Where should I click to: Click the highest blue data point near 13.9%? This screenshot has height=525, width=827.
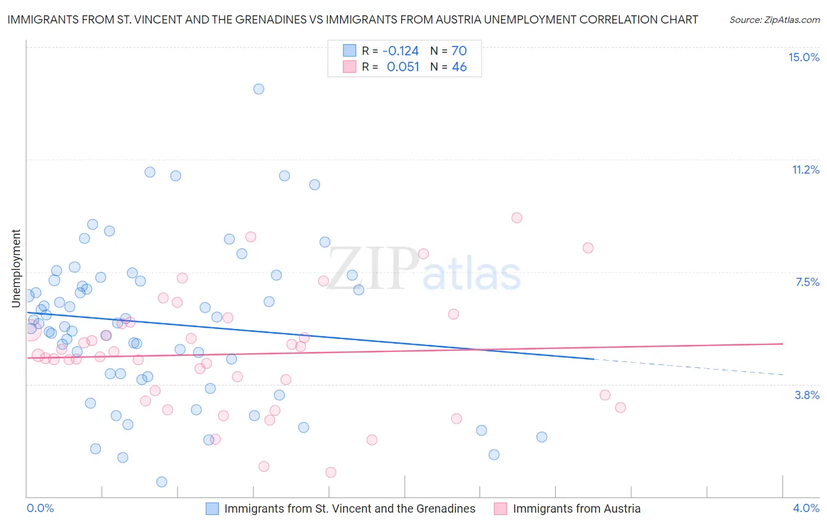coord(259,89)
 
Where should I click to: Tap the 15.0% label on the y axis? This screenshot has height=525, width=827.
coord(803,57)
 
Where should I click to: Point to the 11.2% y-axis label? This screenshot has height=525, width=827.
coord(805,170)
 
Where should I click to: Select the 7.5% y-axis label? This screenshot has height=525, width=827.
coord(807,282)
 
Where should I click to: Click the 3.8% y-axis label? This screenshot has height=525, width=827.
coord(807,395)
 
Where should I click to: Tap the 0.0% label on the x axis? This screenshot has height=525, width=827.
coord(40,508)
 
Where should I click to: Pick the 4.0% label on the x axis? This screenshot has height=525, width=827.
coord(806,508)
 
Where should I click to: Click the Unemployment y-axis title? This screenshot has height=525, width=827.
coord(16,268)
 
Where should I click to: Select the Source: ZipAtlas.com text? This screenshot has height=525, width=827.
coord(775,20)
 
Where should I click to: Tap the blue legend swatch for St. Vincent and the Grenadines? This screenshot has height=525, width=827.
coord(212,509)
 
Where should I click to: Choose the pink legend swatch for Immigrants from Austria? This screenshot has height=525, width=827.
coord(501,509)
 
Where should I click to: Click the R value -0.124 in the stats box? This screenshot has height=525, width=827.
coord(401,51)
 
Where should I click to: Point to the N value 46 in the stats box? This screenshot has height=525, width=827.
coord(459,67)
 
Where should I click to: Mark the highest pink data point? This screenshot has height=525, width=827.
coord(517,218)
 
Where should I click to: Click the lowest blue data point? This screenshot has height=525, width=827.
coord(162,482)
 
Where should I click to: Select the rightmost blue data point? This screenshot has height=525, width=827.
coord(542,437)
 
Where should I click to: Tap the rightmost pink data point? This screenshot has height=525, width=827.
coord(620,408)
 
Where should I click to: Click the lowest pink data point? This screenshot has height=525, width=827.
coord(331,473)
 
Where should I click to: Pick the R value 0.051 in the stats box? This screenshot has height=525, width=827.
coord(403,67)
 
